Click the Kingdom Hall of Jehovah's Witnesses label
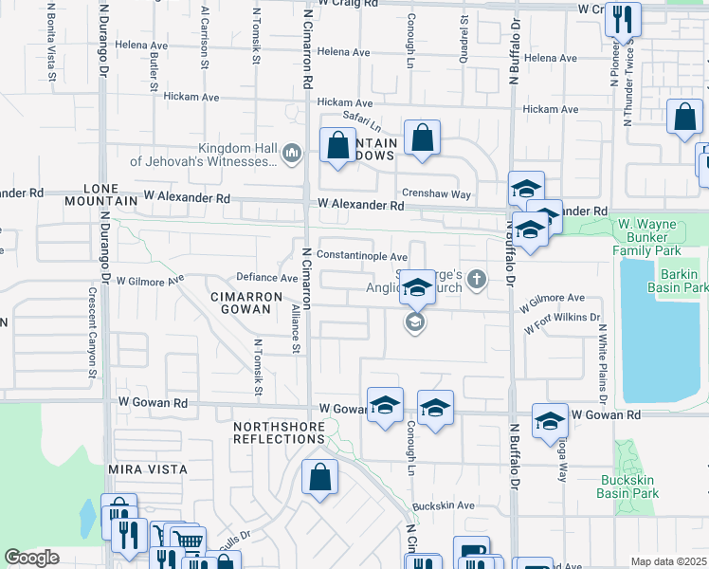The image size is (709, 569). point(205,155)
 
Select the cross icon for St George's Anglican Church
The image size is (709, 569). point(477,279)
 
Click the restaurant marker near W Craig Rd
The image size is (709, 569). point(623,19)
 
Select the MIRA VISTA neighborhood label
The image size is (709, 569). point(147,469)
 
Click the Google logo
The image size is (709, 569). point(31,558)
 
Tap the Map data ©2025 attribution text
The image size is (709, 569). point(669,561)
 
